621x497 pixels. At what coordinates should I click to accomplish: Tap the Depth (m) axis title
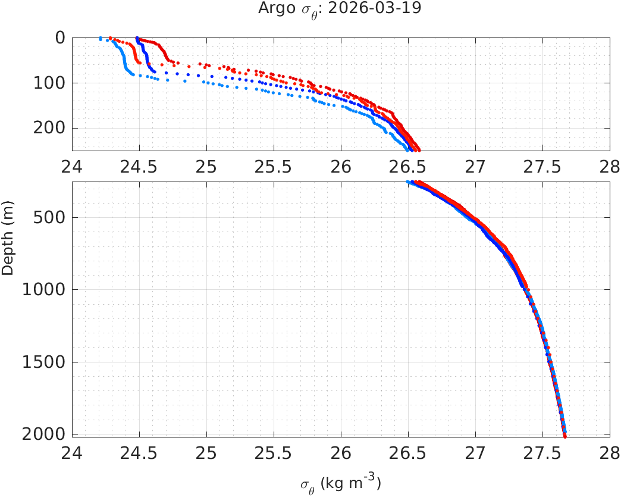click(x=8, y=245)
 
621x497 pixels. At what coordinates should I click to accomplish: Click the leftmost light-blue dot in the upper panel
click(x=101, y=39)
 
